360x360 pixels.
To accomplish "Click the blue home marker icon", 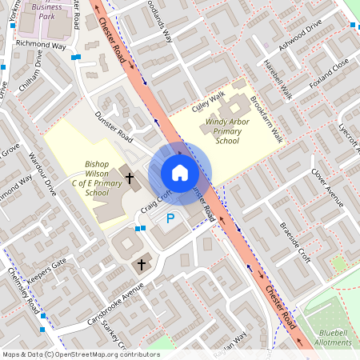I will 180,172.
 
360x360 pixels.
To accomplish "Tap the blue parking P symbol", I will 170,218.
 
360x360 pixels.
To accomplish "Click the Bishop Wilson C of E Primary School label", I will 97,179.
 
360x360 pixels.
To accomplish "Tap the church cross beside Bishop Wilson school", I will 129,177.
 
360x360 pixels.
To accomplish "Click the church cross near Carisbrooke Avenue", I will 142,263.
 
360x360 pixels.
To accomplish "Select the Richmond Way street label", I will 41,45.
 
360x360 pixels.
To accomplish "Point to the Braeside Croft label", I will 294,239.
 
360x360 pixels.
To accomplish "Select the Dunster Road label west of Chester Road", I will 113,126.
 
